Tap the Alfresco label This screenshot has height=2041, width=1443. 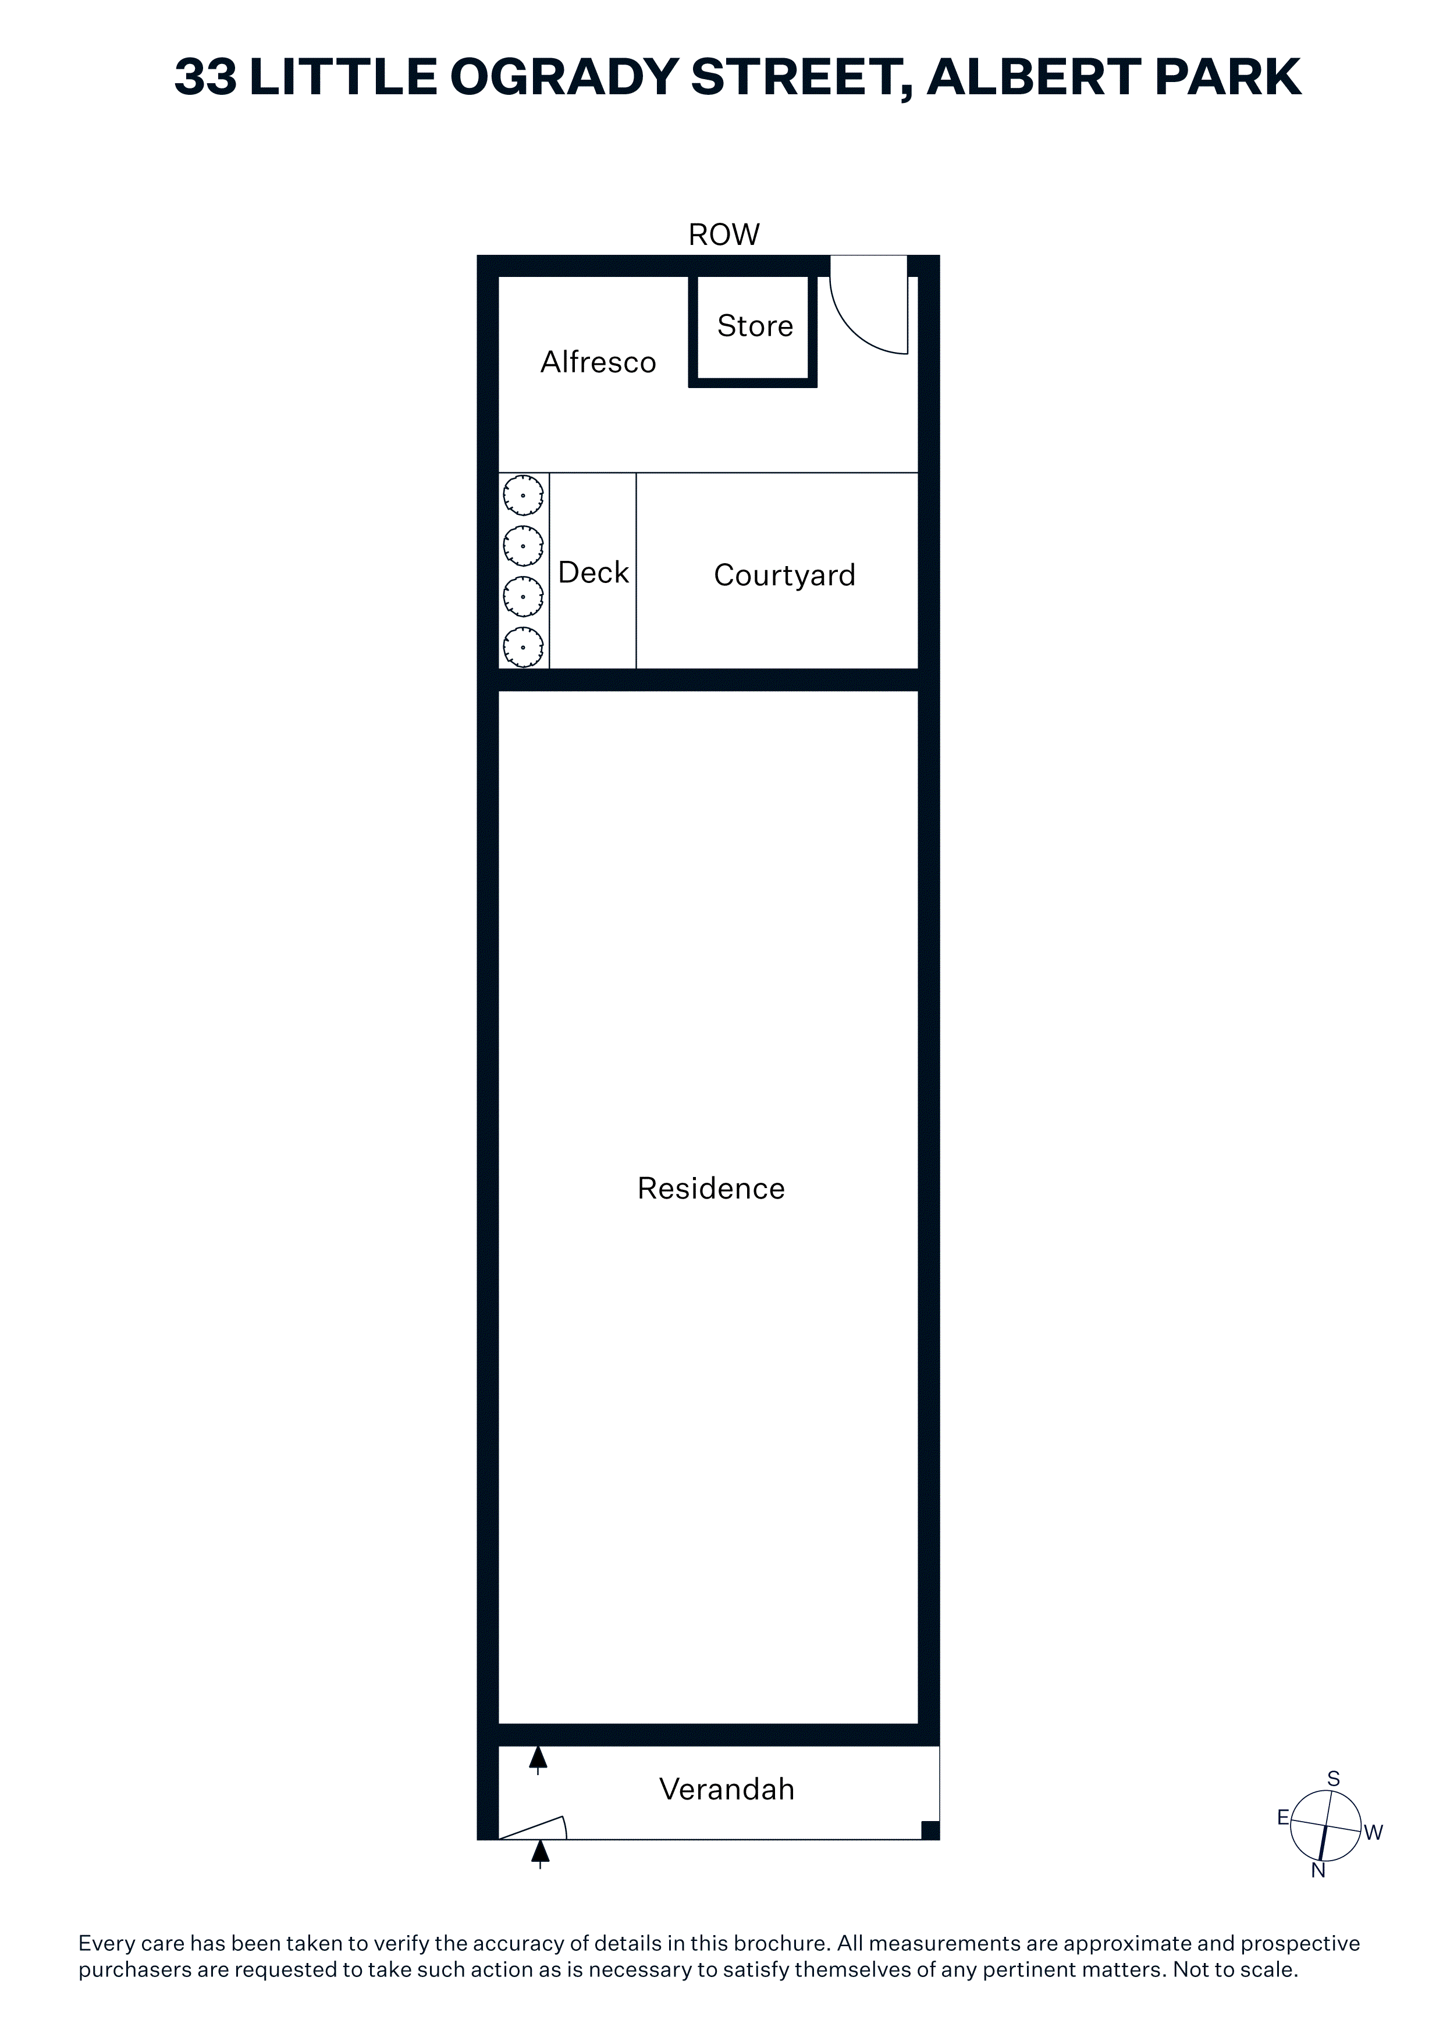click(598, 362)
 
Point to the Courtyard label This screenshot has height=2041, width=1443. click(784, 575)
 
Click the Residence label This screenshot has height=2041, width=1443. click(711, 1189)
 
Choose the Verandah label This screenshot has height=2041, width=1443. click(726, 1790)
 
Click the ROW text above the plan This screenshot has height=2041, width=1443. click(724, 234)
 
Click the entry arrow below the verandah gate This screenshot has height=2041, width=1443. click(540, 1855)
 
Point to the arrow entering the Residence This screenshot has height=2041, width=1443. click(538, 1760)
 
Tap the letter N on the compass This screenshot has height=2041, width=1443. click(1318, 1871)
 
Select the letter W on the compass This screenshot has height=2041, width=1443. click(1374, 1832)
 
